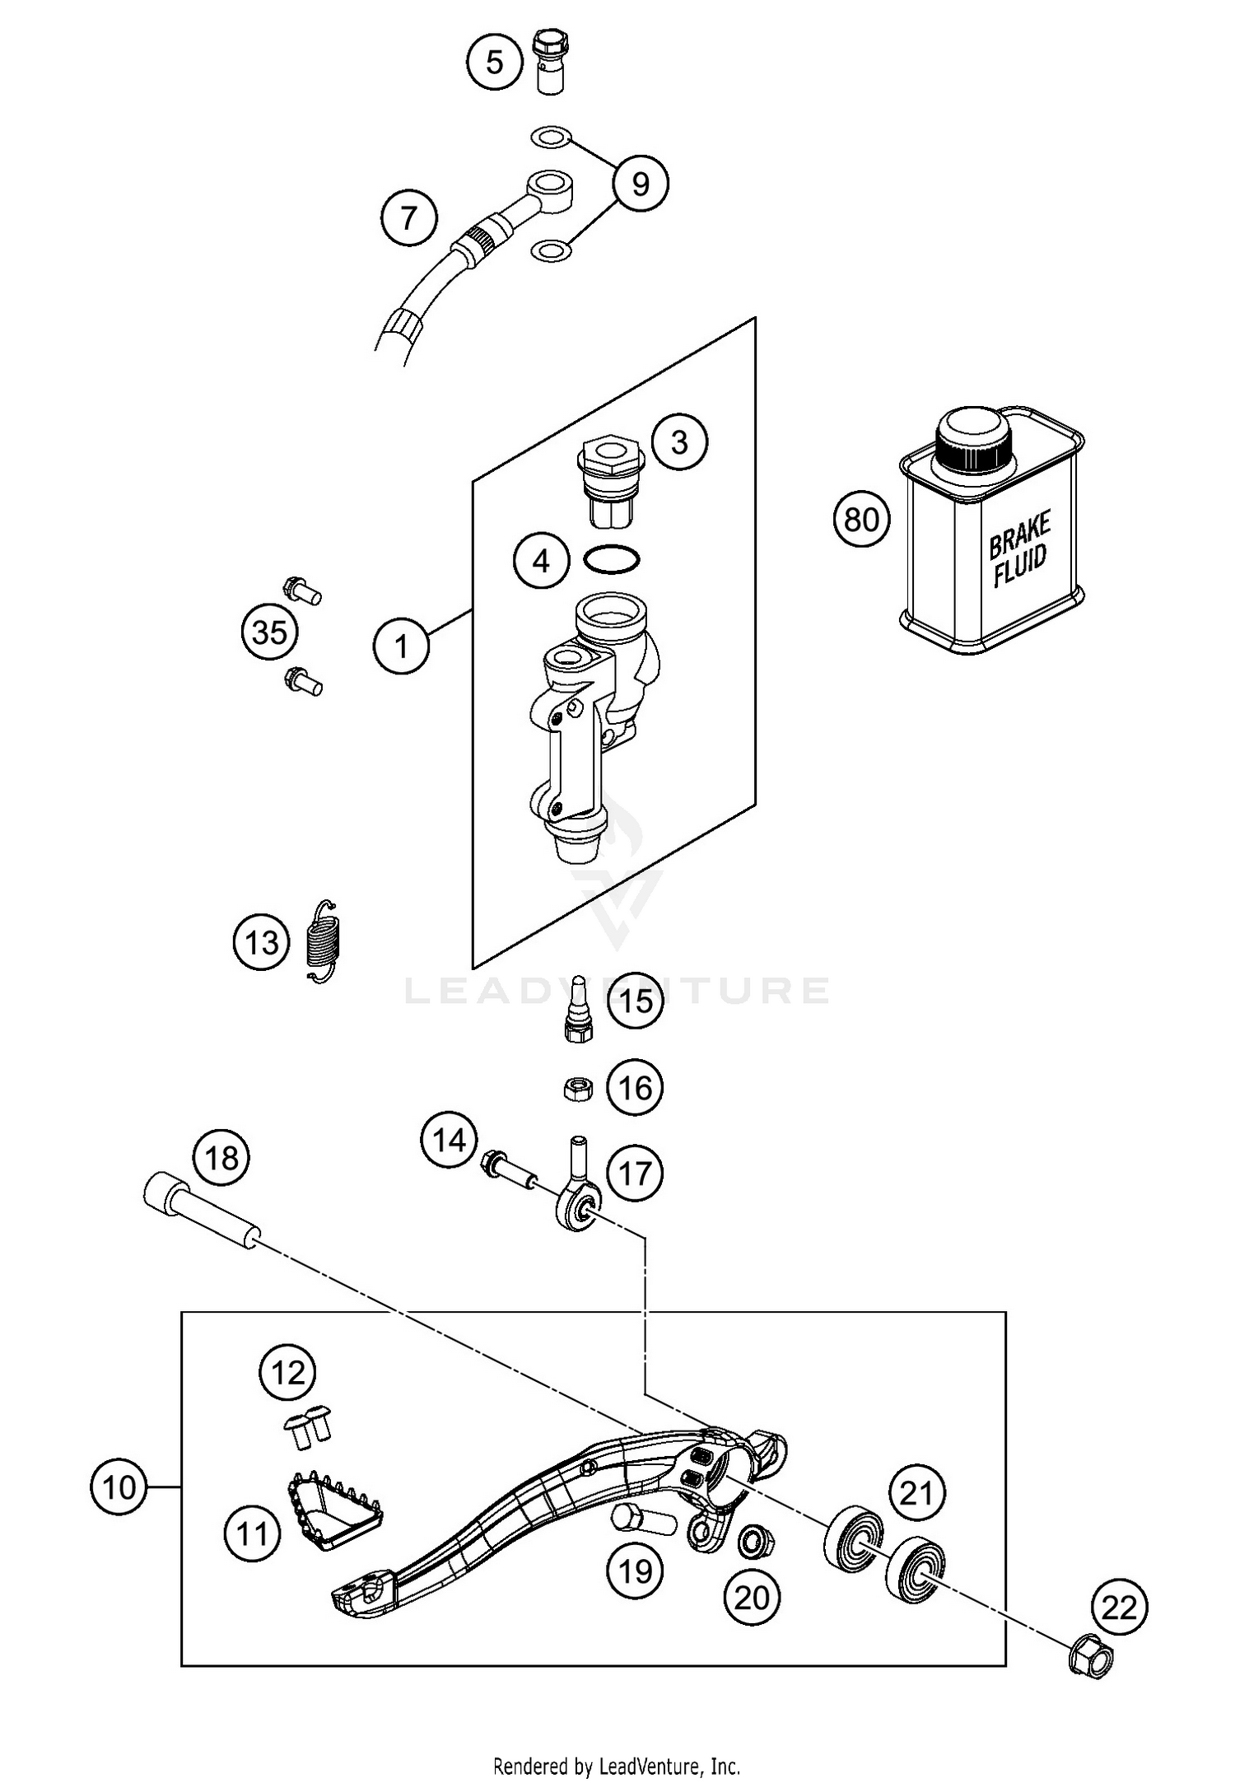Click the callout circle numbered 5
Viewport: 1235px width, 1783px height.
point(495,62)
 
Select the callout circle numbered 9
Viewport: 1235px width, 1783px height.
point(640,184)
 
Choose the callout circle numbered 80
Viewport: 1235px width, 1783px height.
point(861,520)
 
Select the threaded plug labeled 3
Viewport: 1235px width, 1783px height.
point(611,482)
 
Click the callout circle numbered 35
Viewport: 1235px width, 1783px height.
point(269,633)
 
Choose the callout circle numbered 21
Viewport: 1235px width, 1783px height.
point(916,1493)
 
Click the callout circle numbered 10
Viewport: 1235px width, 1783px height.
point(119,1487)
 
